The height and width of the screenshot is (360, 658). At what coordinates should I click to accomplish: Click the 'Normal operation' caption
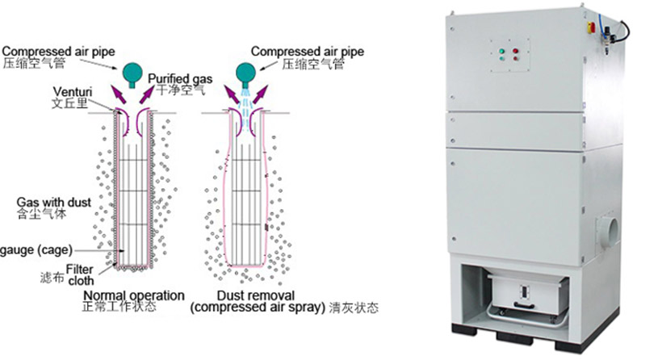click(x=134, y=295)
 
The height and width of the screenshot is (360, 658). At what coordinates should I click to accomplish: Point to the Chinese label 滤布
click(x=52, y=277)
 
